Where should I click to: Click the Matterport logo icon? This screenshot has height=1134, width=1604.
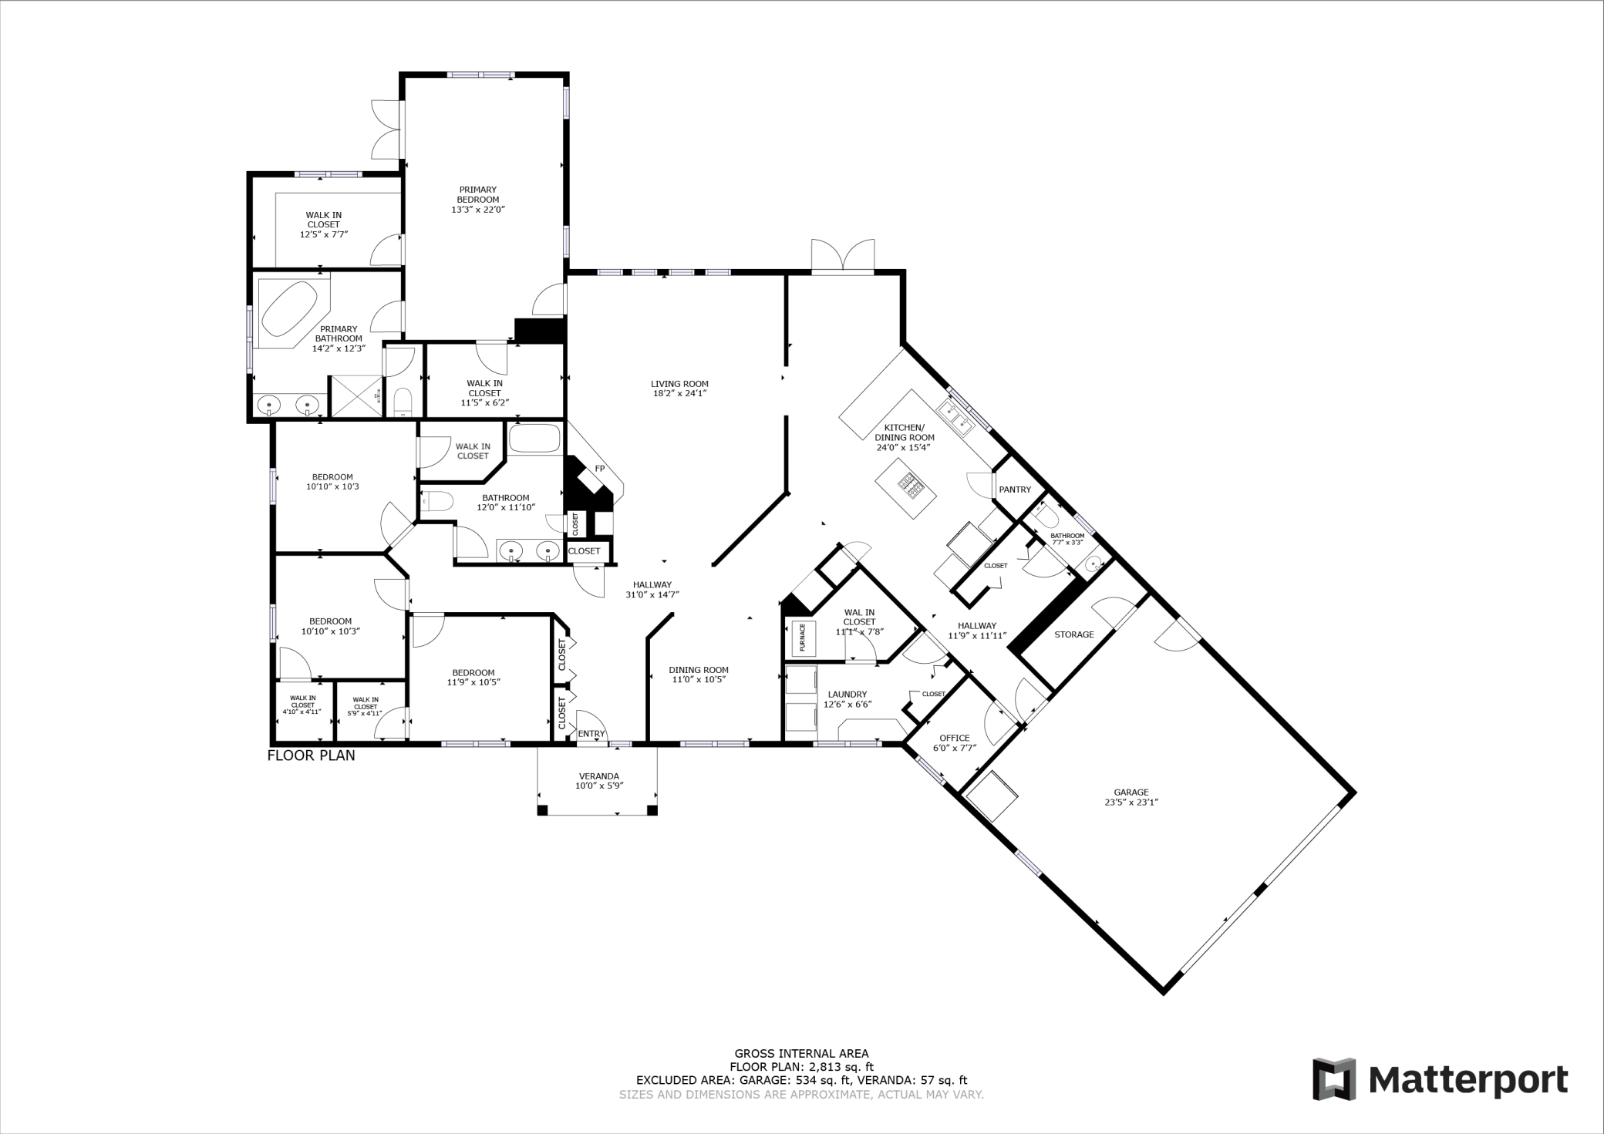click(x=1334, y=1079)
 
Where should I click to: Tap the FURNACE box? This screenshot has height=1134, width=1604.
click(x=803, y=638)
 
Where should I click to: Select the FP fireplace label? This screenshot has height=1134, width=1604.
click(x=599, y=469)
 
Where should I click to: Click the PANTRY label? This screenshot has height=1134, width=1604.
click(x=1015, y=490)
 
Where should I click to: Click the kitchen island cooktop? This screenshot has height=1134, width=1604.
click(x=906, y=484)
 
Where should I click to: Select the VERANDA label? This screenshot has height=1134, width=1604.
click(x=599, y=776)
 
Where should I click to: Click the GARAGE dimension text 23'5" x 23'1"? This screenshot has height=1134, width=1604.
click(x=1131, y=802)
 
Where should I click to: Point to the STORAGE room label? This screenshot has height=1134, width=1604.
click(x=1074, y=634)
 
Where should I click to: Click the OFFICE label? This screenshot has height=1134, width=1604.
click(x=955, y=738)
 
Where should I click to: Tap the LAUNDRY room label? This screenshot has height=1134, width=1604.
click(x=847, y=694)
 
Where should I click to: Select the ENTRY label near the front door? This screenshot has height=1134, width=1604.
click(x=591, y=733)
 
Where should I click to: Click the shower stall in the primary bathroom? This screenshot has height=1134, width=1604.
click(x=356, y=397)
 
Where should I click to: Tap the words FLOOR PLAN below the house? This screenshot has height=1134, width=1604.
click(x=311, y=755)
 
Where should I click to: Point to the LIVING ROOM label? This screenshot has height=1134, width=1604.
click(x=679, y=384)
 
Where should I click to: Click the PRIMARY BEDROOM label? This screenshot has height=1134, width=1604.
click(x=478, y=194)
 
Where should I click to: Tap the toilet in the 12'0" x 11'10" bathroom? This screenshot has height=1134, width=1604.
click(x=436, y=502)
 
